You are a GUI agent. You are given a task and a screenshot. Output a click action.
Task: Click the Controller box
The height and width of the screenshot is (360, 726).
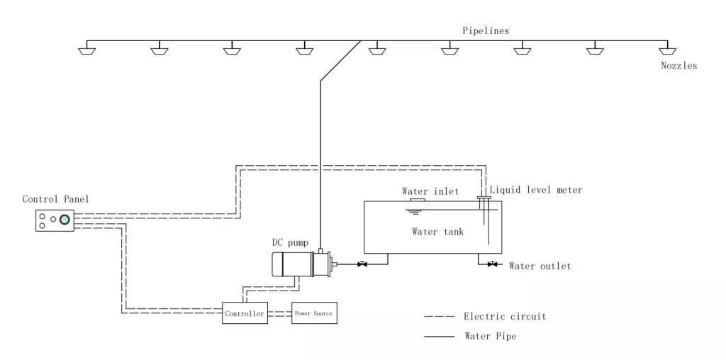[x=245, y=313]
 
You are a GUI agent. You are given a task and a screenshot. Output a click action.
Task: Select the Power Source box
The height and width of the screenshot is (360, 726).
[x=313, y=313]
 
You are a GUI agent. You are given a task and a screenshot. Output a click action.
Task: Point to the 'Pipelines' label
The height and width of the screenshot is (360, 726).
[x=486, y=30]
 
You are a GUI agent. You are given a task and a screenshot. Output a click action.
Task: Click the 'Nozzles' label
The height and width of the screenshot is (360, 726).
[x=678, y=66]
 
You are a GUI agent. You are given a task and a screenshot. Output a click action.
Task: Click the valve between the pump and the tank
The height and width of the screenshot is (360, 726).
[x=362, y=265]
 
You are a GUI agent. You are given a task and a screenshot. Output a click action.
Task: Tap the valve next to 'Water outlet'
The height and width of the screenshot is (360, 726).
[x=492, y=265]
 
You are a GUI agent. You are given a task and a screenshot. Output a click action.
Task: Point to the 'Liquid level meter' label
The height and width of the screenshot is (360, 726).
[x=536, y=190]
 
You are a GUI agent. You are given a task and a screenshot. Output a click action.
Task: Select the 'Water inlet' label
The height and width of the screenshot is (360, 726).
[x=430, y=191]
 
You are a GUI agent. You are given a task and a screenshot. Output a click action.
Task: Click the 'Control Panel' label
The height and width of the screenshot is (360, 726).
[x=56, y=199]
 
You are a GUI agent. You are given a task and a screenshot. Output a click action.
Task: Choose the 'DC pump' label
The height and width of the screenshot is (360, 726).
[x=291, y=242]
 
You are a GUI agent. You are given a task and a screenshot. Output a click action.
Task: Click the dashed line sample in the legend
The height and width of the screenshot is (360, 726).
[x=439, y=317]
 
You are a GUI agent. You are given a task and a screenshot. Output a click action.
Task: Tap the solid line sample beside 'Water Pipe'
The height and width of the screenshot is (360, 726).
[x=439, y=337]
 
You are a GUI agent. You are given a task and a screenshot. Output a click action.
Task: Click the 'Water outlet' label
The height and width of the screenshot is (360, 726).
[x=540, y=266]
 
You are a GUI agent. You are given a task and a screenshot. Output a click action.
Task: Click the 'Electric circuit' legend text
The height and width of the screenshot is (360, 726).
[x=504, y=317]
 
